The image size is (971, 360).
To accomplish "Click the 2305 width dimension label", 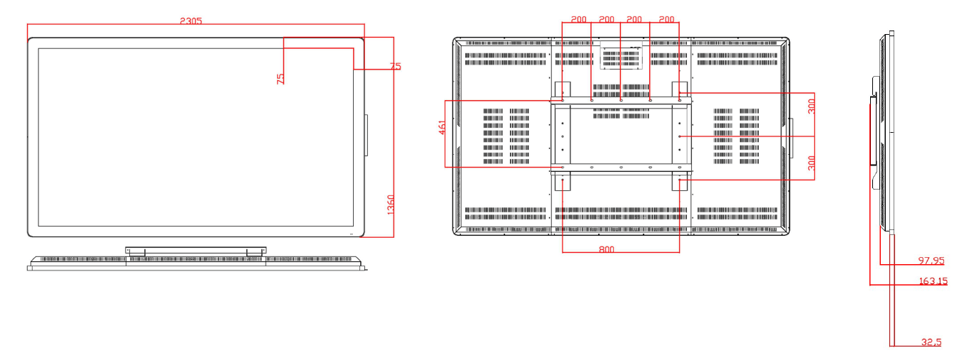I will pyautogui.click(x=190, y=21).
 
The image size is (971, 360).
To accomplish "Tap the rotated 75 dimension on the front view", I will pyautogui.click(x=281, y=78).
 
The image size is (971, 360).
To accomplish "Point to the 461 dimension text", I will pyautogui.click(x=442, y=128).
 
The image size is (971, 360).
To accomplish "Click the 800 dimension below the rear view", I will pyautogui.click(x=606, y=249).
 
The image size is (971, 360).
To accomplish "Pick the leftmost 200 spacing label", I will pyautogui.click(x=578, y=20).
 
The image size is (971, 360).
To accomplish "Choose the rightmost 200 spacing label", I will pyautogui.click(x=666, y=20).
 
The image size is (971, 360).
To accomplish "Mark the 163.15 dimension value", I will pyautogui.click(x=933, y=281).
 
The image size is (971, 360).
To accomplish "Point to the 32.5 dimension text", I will pyautogui.click(x=931, y=342).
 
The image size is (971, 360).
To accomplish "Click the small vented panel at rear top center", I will pyautogui.click(x=622, y=58).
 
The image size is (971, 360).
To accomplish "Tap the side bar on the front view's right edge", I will pyautogui.click(x=367, y=135).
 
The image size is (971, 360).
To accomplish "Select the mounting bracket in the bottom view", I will pyautogui.click(x=195, y=250).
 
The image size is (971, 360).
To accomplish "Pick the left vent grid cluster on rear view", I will pyautogui.click(x=506, y=136).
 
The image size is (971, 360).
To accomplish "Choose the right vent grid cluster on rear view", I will pyautogui.click(x=736, y=136).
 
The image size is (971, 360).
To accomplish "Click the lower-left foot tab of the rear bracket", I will pyautogui.click(x=562, y=181).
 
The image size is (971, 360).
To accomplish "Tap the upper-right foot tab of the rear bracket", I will pyautogui.click(x=680, y=88).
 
